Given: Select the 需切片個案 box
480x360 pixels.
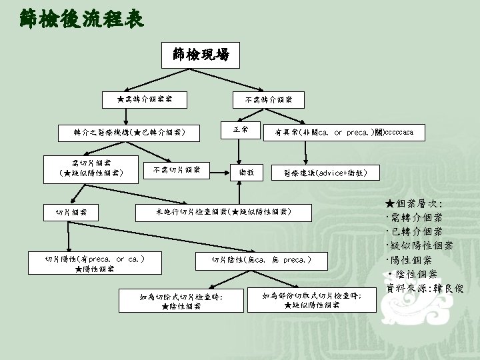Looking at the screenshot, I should [92, 168].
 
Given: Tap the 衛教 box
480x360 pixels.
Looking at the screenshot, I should [247, 172].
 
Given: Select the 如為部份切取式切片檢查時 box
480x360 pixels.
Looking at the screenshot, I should [311, 300].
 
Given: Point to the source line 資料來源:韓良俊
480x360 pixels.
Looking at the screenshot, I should [424, 288].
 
